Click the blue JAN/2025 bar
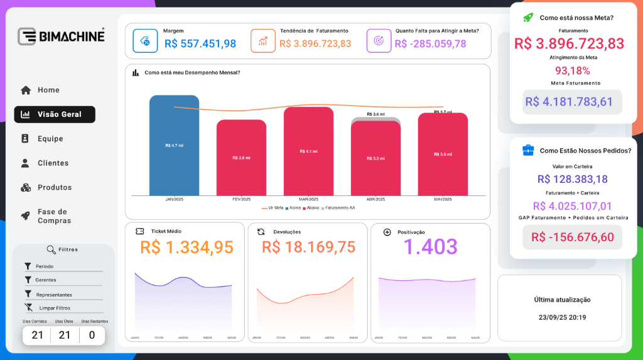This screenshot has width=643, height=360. [x=174, y=145]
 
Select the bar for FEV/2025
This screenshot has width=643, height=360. [x=241, y=158]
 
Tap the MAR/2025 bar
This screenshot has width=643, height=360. [x=308, y=151]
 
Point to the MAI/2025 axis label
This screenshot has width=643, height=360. [x=443, y=199]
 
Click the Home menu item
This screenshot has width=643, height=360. [x=48, y=90]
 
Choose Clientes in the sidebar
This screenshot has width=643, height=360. [x=53, y=163]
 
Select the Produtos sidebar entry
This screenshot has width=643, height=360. [x=55, y=187]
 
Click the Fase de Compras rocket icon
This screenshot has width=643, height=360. [x=26, y=215]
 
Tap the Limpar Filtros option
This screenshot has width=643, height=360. [x=55, y=308]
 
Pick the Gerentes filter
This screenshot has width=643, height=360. [x=46, y=280]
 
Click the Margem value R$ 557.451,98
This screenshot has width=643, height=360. [x=200, y=44]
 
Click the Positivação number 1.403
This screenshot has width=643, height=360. [x=430, y=247]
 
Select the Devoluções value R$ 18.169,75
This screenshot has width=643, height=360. [x=309, y=247]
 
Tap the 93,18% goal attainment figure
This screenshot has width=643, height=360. [x=572, y=70]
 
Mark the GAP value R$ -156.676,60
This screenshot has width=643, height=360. [x=573, y=237]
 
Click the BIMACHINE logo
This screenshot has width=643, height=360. [x=61, y=36]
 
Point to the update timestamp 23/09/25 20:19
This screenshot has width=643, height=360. [x=562, y=317]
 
